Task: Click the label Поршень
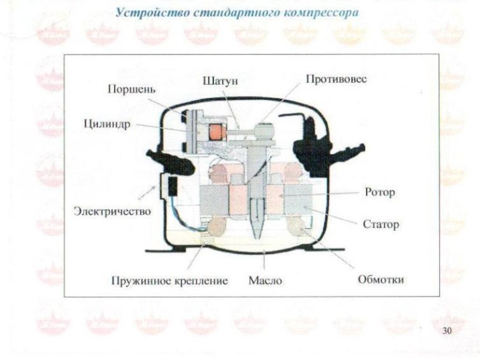(132, 89)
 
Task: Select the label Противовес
(336, 79)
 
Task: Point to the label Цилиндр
(107, 125)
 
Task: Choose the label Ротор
(380, 193)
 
